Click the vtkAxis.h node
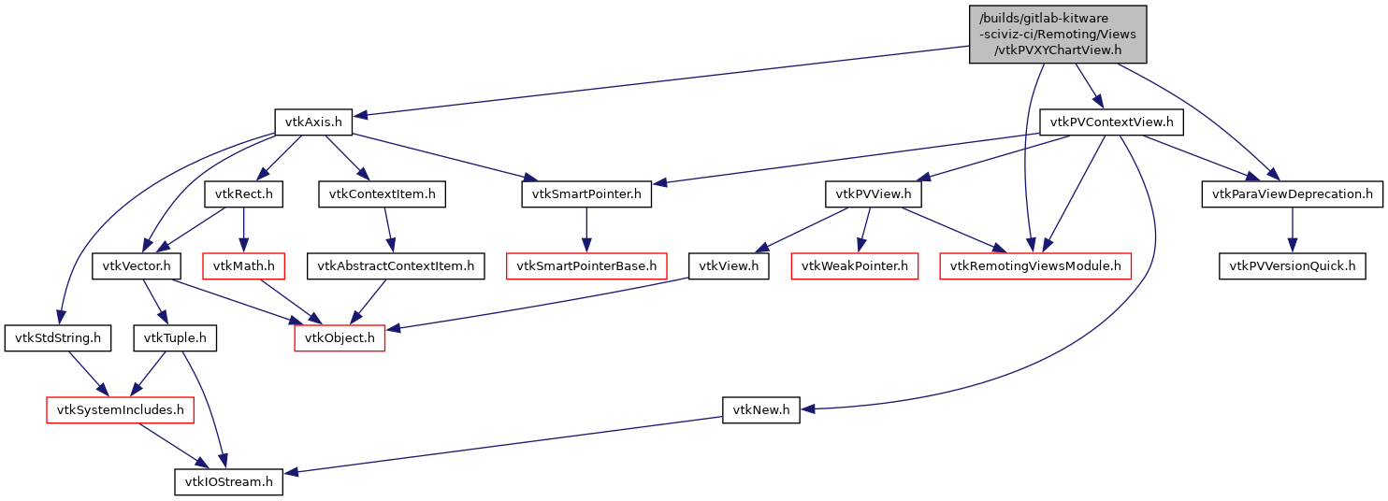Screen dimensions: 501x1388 [312, 122]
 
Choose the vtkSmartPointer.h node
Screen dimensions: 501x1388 [586, 194]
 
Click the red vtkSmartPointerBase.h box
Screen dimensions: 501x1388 [586, 266]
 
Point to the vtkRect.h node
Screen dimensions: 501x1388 [243, 194]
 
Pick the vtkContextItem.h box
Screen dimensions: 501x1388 [382, 194]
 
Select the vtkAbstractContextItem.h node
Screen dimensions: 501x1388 [396, 266]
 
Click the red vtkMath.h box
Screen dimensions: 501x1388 [243, 266]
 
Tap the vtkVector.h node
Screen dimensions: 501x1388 [137, 266]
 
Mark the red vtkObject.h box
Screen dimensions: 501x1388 [340, 337]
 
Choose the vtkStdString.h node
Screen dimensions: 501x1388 [58, 337]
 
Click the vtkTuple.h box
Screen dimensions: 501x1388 [176, 337]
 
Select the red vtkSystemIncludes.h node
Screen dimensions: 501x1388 [121, 409]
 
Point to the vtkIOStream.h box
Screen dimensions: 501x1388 [229, 481]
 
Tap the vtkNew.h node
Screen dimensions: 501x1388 [761, 409]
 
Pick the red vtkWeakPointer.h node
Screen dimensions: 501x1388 [854, 266]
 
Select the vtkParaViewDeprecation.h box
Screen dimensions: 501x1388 [1292, 194]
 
